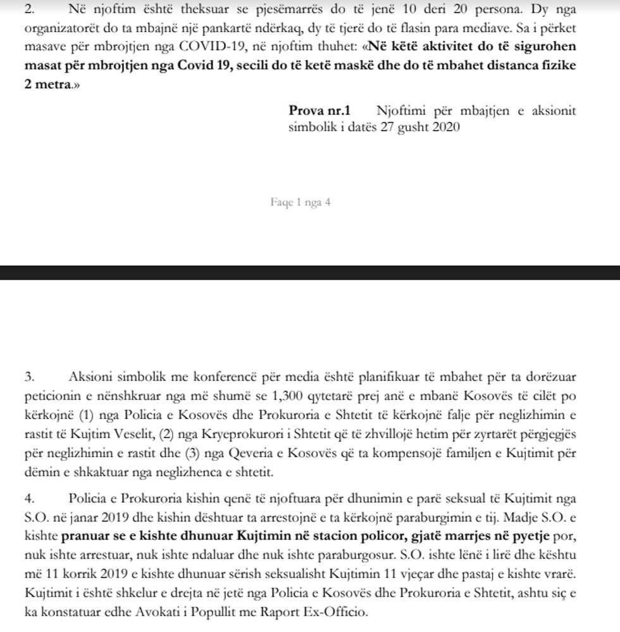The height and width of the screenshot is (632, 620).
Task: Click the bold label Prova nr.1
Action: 319,110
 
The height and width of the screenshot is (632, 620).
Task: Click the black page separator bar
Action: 310,273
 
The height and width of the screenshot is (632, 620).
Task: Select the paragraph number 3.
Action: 28,377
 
